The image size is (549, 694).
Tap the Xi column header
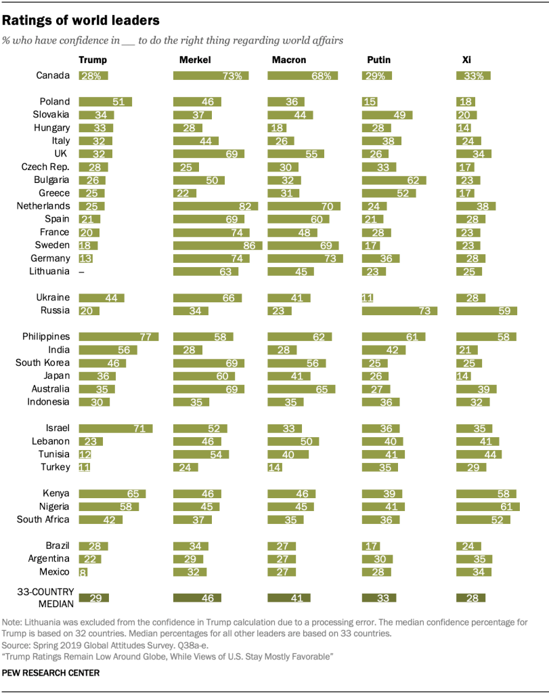pyautogui.click(x=466, y=60)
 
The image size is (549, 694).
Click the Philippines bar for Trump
pyautogui.click(x=118, y=337)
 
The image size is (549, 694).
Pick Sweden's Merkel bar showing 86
pyautogui.click(x=217, y=245)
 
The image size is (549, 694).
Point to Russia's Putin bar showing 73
pyautogui.click(x=399, y=311)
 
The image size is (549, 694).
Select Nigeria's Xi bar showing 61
pyautogui.click(x=488, y=506)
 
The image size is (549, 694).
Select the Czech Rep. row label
pyautogui.click(x=46, y=167)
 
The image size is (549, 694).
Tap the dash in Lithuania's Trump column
pyautogui.click(x=82, y=272)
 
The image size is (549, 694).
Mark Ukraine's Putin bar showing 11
pyautogui.click(x=368, y=298)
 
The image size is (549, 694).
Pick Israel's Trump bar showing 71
pyautogui.click(x=116, y=428)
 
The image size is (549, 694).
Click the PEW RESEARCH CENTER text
pyautogui.click(x=51, y=673)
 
